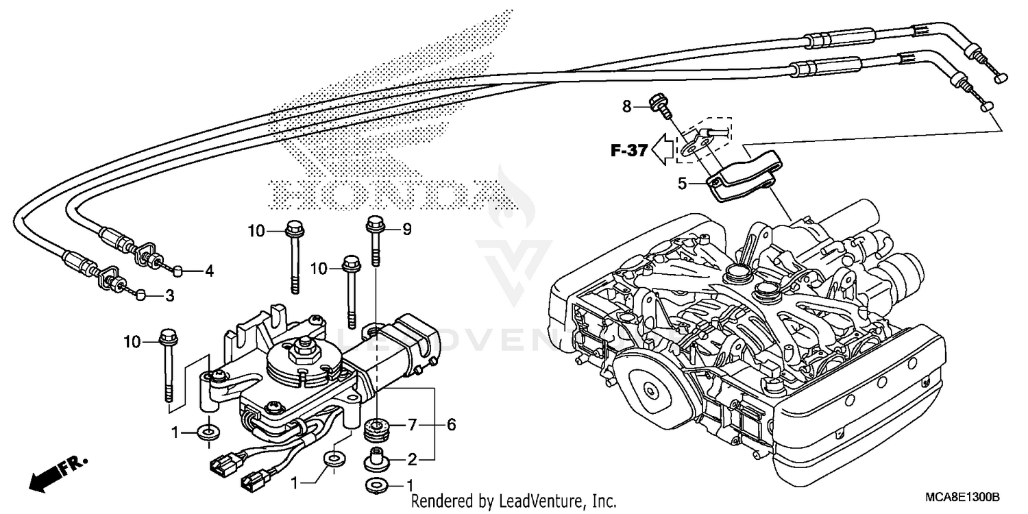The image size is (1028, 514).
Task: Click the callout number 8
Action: pyautogui.click(x=626, y=106)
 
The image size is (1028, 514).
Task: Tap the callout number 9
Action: pyautogui.click(x=406, y=230)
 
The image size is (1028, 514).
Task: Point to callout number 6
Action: pyautogui.click(x=451, y=425)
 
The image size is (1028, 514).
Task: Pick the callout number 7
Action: pyautogui.click(x=411, y=425)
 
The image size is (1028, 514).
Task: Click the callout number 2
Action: pyautogui.click(x=411, y=458)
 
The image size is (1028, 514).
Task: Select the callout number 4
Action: pyautogui.click(x=209, y=271)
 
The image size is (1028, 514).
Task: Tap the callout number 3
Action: pyautogui.click(x=169, y=296)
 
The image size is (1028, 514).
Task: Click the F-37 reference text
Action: pyautogui.click(x=629, y=151)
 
